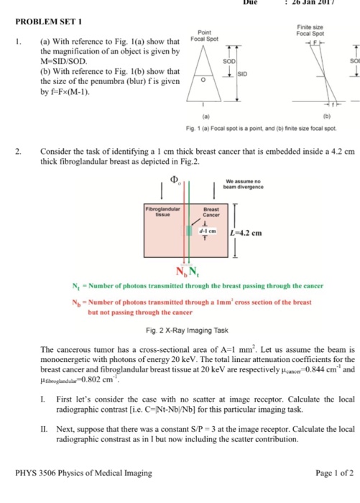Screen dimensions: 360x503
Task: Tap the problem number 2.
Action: [23, 152]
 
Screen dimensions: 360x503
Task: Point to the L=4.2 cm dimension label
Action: [249, 231]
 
